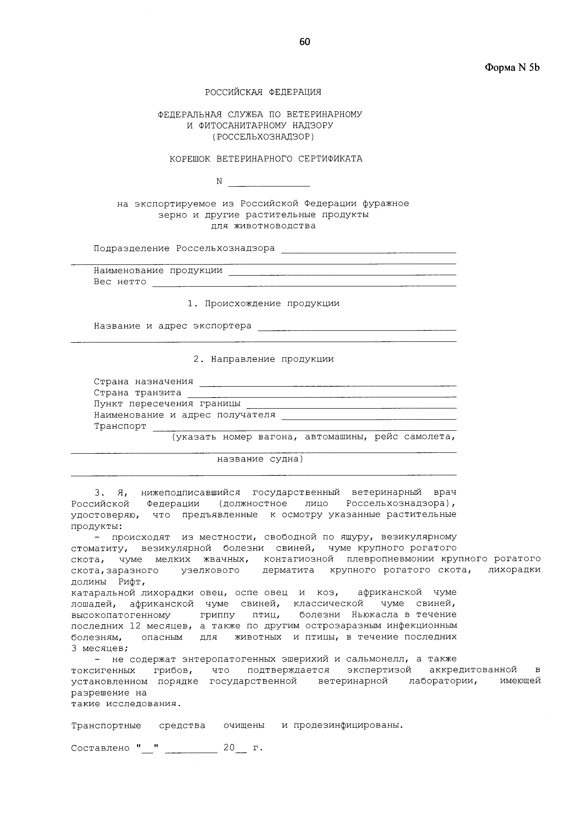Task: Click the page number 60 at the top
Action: coord(304,42)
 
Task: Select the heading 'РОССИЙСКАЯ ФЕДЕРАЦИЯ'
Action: coord(263,92)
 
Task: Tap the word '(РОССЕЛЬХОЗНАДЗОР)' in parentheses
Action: coord(263,137)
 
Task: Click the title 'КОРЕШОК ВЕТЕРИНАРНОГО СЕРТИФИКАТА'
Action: coord(266,159)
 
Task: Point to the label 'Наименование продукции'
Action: coord(158,271)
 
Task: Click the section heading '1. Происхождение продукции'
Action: coord(263,304)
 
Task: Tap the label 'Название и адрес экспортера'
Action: coord(173,326)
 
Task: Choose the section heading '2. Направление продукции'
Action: coord(263,359)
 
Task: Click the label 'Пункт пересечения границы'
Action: coord(167,404)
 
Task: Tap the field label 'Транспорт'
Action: coord(120,426)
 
